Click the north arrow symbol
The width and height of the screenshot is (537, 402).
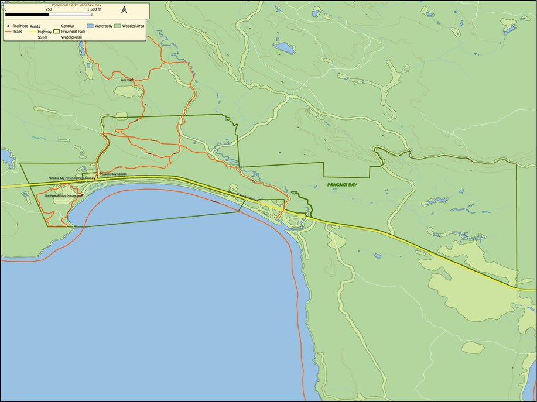124,10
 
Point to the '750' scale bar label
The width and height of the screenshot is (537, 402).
48,10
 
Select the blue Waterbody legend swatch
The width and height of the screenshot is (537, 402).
90,26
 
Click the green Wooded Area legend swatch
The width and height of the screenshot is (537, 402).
117,26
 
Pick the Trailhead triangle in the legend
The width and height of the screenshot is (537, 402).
8,26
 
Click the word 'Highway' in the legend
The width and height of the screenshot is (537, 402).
45,32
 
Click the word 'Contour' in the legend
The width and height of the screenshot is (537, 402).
67,26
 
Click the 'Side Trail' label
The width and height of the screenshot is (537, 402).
126,80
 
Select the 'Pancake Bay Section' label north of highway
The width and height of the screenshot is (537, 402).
114,174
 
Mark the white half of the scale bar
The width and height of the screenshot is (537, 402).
70,14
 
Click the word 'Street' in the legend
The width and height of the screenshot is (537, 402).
43,37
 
